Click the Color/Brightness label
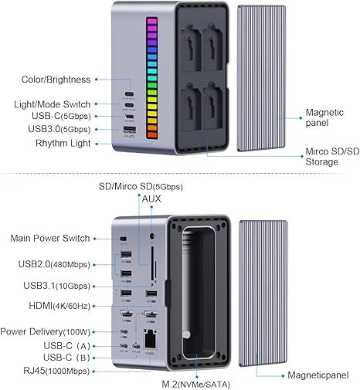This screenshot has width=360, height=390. pos(56,80)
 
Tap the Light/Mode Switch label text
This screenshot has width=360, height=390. pos(53,104)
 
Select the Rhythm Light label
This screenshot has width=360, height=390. pos(63,143)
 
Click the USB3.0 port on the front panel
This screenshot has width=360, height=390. pos(130,130)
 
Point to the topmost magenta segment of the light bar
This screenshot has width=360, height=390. pos(151,21)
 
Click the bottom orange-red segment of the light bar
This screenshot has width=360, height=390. pos(151,134)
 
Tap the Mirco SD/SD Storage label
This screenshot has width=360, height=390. pos(332,157)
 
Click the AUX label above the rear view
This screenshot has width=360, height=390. pos(151,198)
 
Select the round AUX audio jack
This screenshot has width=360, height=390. pos(152,236)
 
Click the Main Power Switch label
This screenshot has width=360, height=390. pos(50,238)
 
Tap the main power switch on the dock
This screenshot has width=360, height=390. pos(124,239)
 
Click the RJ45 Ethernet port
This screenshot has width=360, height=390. pos(150,339)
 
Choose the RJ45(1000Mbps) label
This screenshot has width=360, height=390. pos(56,371)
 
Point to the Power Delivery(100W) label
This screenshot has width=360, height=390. pos(46,331)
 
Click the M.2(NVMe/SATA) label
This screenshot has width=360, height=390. pos(196,385)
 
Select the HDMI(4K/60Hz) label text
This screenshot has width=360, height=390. pos(59,306)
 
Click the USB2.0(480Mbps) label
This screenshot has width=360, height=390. pos(54,264)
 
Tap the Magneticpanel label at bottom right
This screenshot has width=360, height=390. pos(318,375)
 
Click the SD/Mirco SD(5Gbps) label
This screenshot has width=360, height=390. pos(141,186)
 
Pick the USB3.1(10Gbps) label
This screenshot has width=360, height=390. pos(57,286)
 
